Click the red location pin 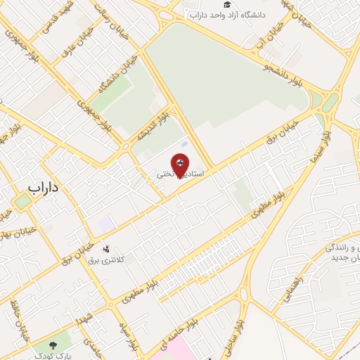[181, 164]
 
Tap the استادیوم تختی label [181, 174]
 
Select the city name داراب [45, 188]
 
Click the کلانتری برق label [105, 260]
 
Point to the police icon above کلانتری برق [106, 248]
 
